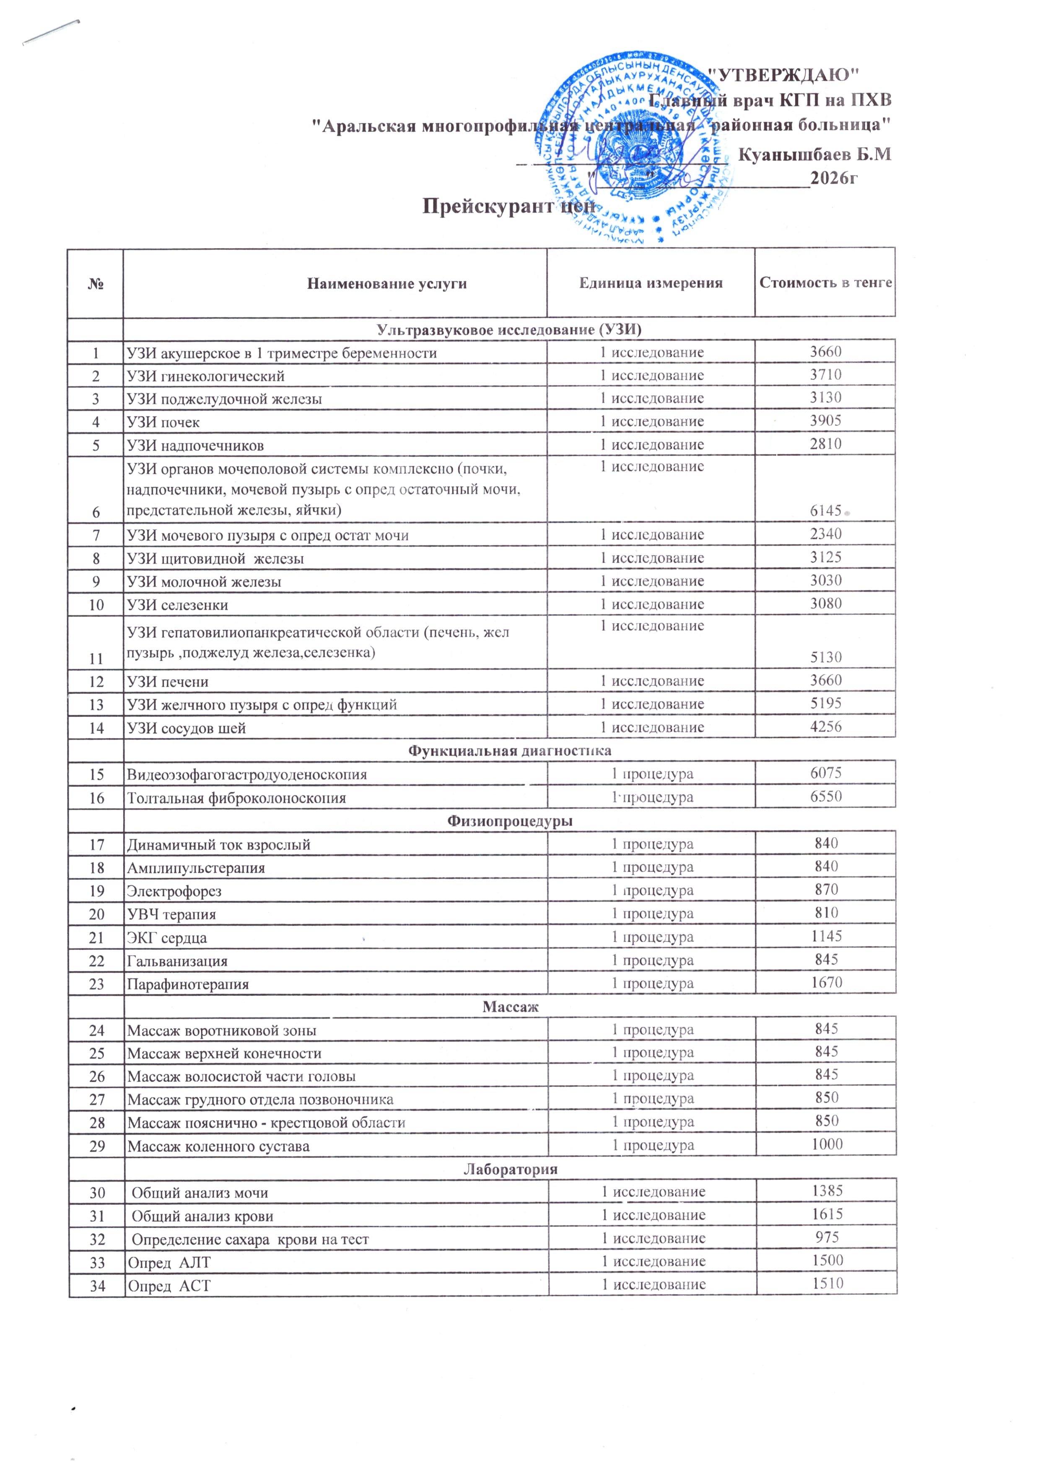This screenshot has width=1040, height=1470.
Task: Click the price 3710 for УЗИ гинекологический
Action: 825,375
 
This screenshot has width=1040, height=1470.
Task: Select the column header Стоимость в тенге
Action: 825,283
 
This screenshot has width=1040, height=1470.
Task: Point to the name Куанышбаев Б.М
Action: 814,154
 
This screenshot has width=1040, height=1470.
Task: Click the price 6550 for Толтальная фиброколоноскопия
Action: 825,796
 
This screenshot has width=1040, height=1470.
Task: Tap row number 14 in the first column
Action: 96,728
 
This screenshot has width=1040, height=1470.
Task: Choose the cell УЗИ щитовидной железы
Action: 215,558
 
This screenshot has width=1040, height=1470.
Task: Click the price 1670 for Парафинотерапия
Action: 826,982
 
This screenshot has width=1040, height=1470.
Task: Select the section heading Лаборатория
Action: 511,1169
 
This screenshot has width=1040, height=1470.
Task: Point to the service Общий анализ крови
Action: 202,1216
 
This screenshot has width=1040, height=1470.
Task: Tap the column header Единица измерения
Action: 651,283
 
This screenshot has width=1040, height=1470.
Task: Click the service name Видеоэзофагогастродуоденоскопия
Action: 247,775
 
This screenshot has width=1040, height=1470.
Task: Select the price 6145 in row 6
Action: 825,510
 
